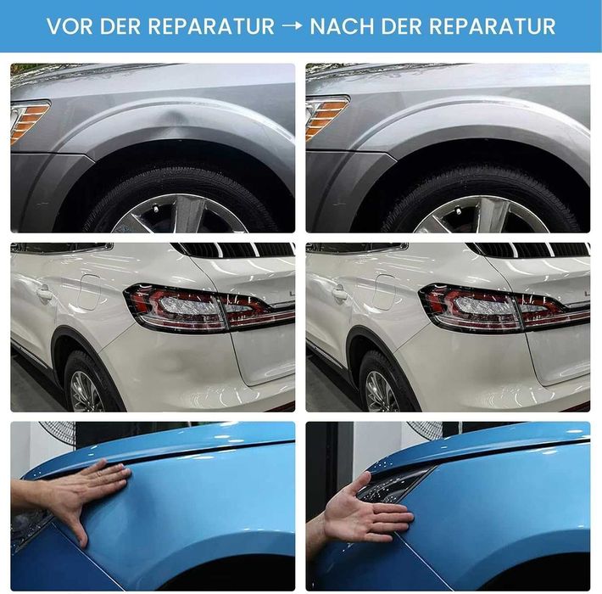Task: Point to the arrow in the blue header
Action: [x=293, y=26]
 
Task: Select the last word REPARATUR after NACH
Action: [x=492, y=26]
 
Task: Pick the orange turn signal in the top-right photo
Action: [x=326, y=115]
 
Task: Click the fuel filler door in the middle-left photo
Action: [x=89, y=292]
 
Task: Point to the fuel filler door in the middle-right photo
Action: [x=384, y=292]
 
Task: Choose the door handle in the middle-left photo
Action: [x=44, y=294]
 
